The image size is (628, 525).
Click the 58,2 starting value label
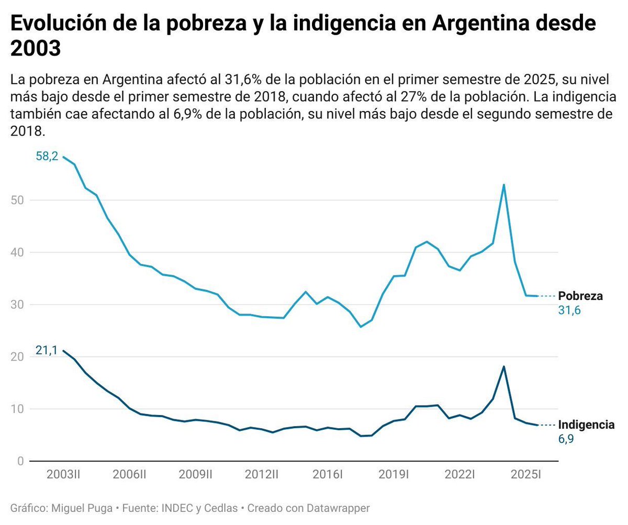[x=47, y=157]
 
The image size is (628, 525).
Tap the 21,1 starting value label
[x=47, y=350]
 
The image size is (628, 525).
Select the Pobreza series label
[x=580, y=296]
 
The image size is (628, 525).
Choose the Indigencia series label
[x=586, y=425]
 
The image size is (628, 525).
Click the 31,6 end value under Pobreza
[x=570, y=310]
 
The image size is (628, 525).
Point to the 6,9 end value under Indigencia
[x=566, y=439]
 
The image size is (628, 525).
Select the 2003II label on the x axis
[x=63, y=475]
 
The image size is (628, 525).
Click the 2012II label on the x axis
[x=261, y=475]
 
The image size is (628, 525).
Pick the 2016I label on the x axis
[x=327, y=475]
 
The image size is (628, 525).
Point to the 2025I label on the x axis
[x=525, y=475]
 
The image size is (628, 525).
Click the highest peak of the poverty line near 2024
[x=503, y=185]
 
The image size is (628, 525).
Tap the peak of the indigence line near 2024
[x=503, y=366]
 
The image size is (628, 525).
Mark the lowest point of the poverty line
[x=361, y=327]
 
